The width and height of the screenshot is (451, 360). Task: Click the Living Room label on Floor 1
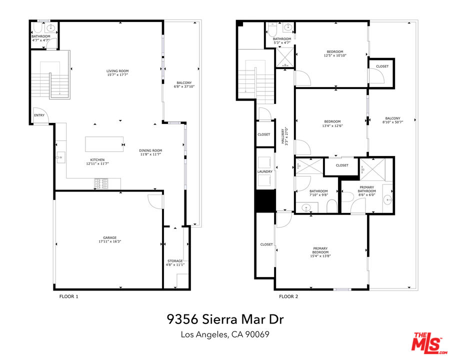tap(117, 71)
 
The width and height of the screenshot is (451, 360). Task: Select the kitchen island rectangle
tap(104, 144)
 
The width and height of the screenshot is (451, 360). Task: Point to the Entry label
tap(39, 115)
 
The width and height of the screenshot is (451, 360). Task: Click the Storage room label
tap(175, 261)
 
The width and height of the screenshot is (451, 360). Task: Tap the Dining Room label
tap(150, 150)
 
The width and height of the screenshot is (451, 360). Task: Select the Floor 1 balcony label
tap(184, 83)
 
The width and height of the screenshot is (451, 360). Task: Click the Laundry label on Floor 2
tap(265, 171)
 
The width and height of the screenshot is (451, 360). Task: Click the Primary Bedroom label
tap(320, 248)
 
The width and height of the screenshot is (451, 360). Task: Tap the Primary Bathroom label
tap(366, 187)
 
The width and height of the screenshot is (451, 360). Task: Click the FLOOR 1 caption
tap(68, 296)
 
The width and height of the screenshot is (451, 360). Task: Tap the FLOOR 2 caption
tap(288, 296)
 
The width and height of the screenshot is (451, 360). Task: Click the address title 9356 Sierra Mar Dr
tap(225, 319)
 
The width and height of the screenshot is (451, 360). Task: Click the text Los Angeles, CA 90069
tap(225, 334)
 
